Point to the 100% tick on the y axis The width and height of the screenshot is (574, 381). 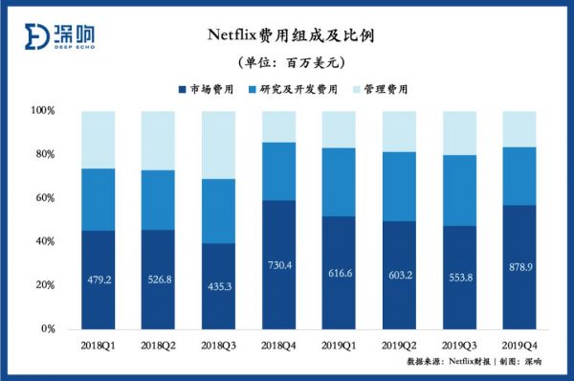[x=43, y=111]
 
